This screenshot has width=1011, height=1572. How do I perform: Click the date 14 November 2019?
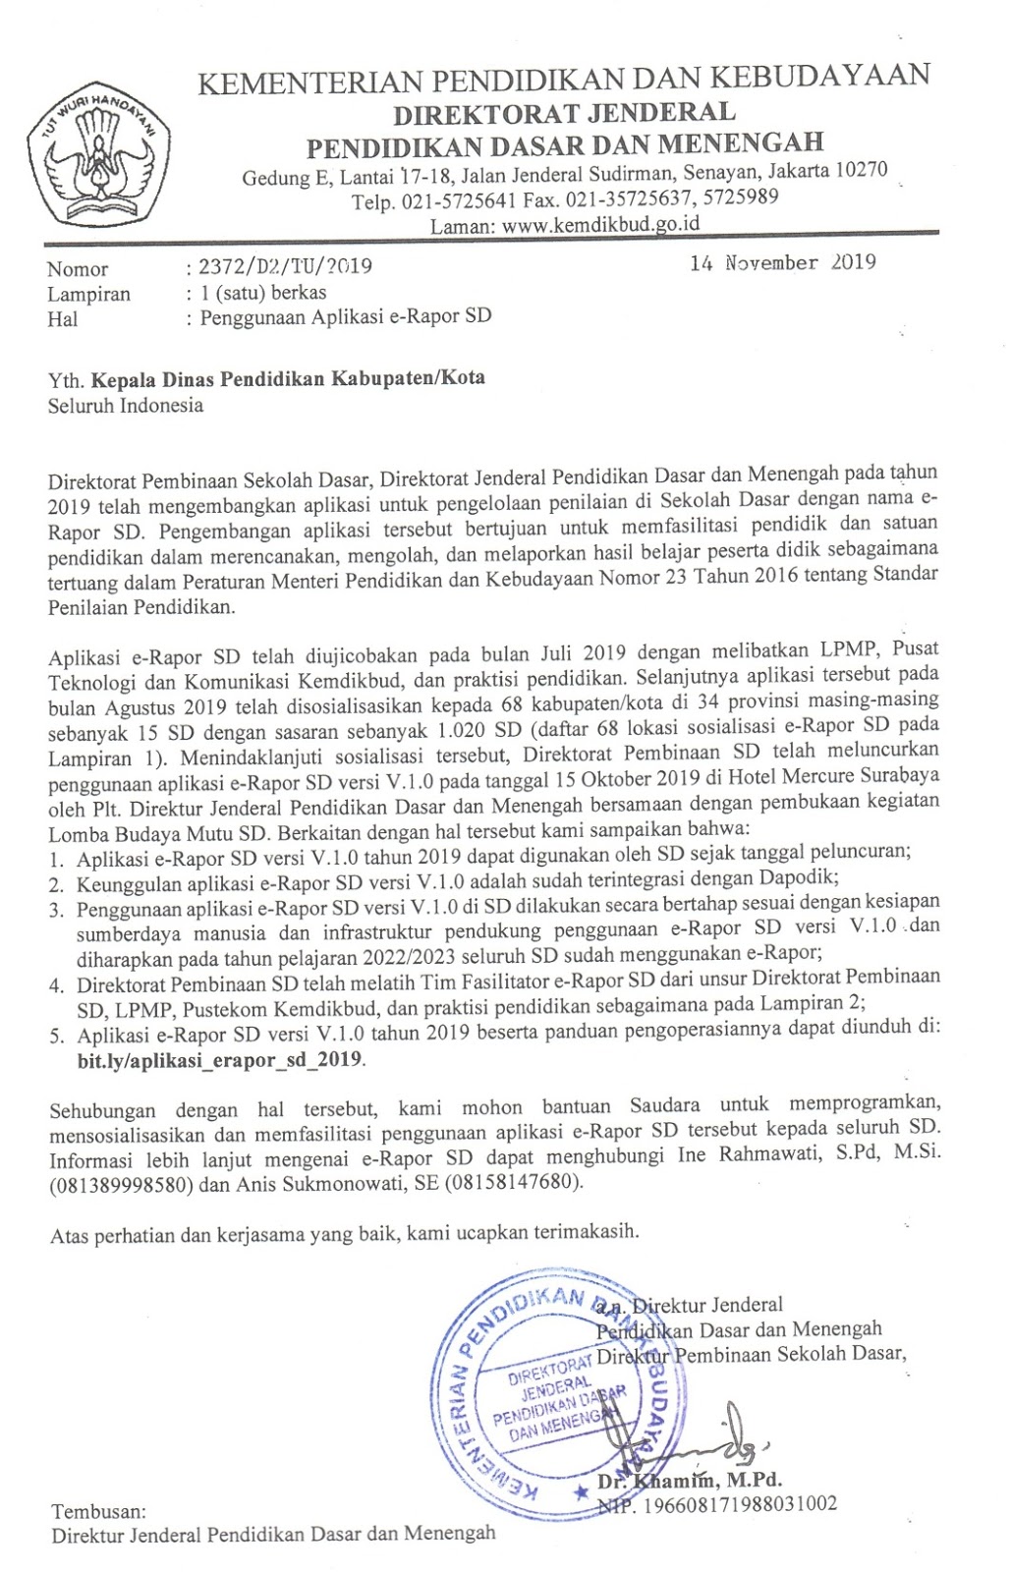[x=782, y=262]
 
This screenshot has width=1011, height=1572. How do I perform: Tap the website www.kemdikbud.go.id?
[x=600, y=223]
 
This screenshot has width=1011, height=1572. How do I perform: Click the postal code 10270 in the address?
[x=861, y=170]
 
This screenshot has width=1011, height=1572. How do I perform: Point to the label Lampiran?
[x=88, y=293]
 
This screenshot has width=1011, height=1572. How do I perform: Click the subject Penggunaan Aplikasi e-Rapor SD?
[x=346, y=316]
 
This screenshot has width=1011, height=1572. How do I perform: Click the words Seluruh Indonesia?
[x=126, y=405]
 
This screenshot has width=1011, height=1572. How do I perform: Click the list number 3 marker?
[x=57, y=910]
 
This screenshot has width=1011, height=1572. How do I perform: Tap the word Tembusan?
[x=98, y=1511]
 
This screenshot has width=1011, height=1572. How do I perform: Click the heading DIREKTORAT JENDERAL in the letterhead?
[x=564, y=114]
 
